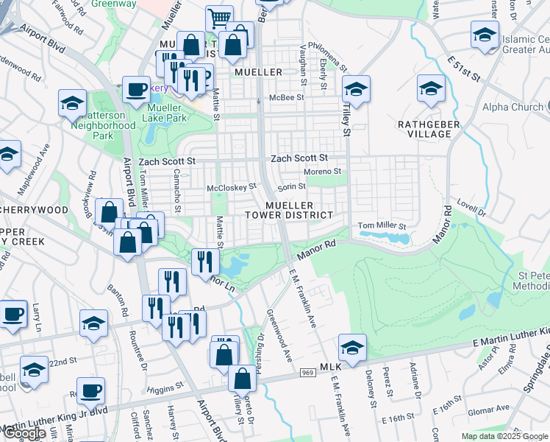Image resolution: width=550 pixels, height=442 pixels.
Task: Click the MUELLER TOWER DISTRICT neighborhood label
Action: [x=289, y=210]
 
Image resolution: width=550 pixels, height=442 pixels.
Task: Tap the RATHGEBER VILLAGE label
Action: [x=429, y=130]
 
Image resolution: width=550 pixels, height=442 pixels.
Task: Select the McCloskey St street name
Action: [x=231, y=187]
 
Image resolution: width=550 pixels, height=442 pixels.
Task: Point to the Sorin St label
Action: [x=291, y=186]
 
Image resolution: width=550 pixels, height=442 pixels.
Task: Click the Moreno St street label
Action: [x=324, y=172]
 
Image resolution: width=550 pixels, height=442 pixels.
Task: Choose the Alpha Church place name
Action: [x=512, y=107]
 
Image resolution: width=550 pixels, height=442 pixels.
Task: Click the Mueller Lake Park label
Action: [x=167, y=112]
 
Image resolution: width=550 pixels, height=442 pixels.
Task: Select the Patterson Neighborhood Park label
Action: [x=103, y=125]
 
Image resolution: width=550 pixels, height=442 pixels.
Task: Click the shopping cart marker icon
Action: [x=219, y=18]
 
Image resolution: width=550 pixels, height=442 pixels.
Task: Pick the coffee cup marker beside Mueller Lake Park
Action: [x=136, y=90]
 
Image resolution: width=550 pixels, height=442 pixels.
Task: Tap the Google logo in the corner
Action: [x=24, y=433]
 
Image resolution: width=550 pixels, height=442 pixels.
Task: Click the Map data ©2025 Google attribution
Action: [x=504, y=436]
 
